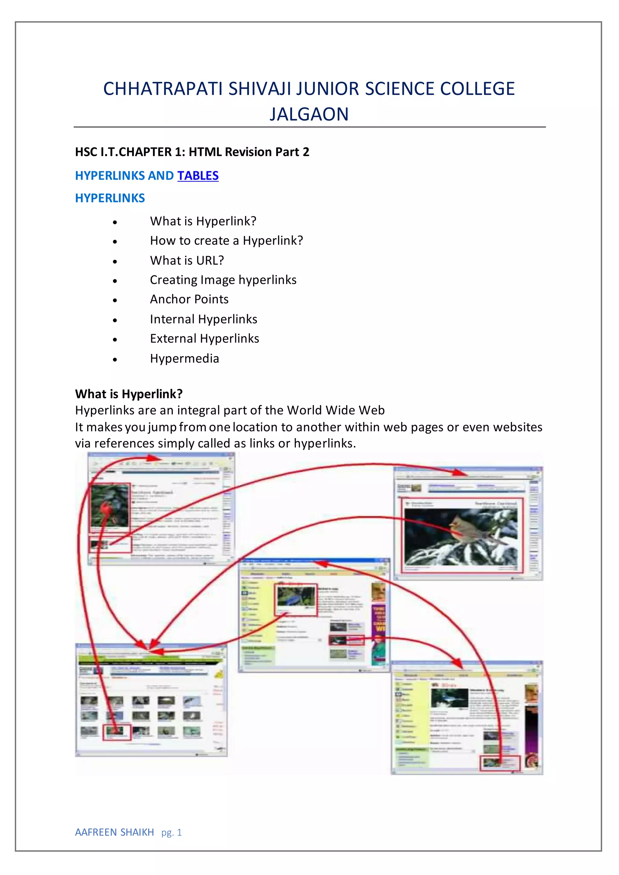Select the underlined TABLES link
(x=198, y=176)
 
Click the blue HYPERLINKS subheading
(x=110, y=198)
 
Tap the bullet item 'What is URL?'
(x=187, y=260)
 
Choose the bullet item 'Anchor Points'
(x=189, y=299)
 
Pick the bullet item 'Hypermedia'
(x=185, y=358)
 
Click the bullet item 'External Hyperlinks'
(x=204, y=338)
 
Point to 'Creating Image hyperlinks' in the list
(x=223, y=280)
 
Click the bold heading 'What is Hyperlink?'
(x=129, y=394)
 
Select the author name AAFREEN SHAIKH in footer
(x=115, y=832)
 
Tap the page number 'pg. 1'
(x=172, y=833)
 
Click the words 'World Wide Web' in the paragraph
(x=335, y=410)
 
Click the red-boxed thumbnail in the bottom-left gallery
(x=117, y=732)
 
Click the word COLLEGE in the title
(x=477, y=89)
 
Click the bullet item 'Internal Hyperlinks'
(x=204, y=319)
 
